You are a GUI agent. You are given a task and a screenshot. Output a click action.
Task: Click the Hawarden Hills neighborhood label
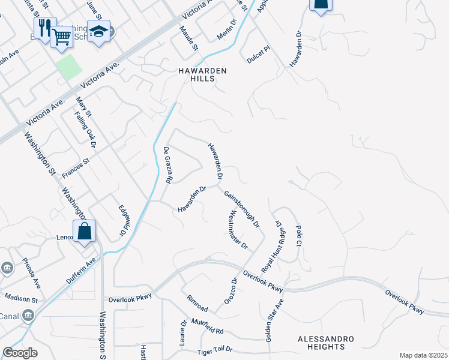(202, 74)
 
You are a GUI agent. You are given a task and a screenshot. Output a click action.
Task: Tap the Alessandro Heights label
(321, 343)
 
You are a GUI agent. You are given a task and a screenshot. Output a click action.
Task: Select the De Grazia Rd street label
(169, 166)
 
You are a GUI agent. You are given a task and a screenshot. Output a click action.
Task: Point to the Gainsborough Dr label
(241, 209)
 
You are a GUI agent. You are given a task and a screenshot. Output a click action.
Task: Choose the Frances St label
(76, 167)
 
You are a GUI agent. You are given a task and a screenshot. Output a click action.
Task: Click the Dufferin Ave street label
(80, 271)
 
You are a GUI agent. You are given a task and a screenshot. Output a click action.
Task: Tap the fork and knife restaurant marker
(44, 28)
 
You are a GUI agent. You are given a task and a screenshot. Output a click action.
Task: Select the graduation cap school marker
(98, 32)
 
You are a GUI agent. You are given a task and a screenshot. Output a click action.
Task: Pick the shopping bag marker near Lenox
(84, 230)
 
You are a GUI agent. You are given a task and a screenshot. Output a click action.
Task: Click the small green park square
(68, 66)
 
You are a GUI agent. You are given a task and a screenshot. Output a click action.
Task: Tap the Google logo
(20, 353)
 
